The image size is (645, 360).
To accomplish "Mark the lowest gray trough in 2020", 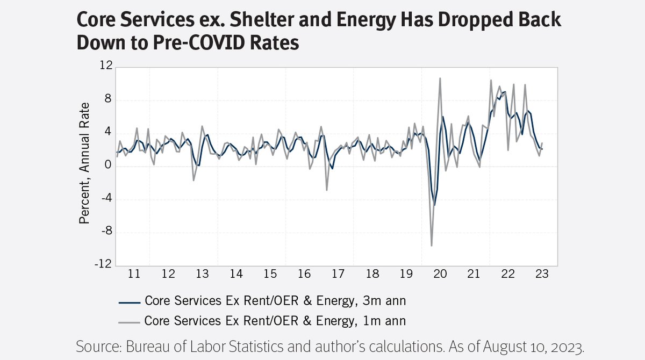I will click(432, 246).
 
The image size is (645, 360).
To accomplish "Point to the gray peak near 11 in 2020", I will click(440, 78).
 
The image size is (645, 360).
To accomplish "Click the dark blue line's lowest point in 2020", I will click(434, 205).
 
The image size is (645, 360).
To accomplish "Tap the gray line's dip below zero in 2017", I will click(326, 190).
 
